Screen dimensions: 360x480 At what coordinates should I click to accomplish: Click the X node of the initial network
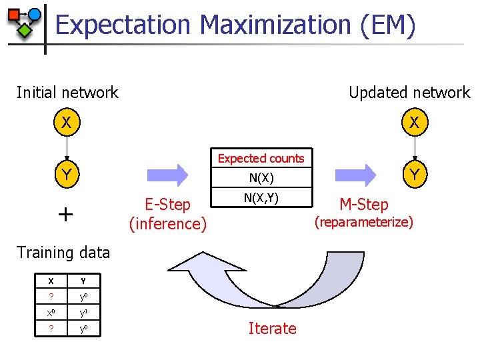coord(65,123)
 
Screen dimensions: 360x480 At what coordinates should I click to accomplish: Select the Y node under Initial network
coord(65,175)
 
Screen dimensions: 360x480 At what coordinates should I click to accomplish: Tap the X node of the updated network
coord(414,123)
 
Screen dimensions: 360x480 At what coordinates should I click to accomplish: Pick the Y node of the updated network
coord(414,175)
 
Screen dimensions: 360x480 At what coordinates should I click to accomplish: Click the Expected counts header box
coord(261,158)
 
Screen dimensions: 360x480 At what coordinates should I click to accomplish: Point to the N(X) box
coord(261,178)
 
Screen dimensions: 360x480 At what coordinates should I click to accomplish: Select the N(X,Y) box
coord(261,198)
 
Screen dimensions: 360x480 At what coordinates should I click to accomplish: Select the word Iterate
coord(272,328)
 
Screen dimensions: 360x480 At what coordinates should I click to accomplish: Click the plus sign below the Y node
coord(65,214)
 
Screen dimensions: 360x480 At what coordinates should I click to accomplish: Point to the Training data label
coord(63,252)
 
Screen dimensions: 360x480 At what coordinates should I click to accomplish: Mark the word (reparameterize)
coord(363,222)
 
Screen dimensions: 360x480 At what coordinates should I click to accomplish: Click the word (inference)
coord(168,223)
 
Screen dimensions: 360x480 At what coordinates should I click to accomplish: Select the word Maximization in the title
coord(275,25)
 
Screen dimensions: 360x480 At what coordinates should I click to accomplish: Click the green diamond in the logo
coord(25,30)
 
